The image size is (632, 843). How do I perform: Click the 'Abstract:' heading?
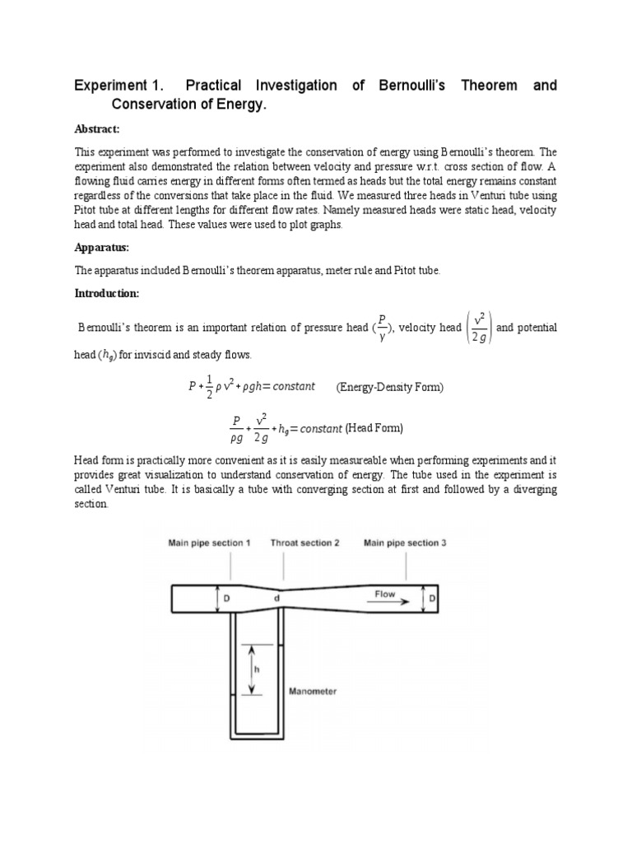click(97, 128)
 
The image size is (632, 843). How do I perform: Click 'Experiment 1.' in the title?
click(117, 86)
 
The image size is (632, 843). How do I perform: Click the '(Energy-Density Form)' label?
click(389, 387)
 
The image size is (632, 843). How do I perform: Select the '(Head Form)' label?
click(374, 428)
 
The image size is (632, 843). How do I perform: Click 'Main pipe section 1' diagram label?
click(210, 543)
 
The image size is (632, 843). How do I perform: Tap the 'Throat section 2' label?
click(305, 543)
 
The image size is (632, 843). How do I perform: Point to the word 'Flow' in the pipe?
click(384, 593)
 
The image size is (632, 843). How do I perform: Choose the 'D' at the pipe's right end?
click(432, 598)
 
